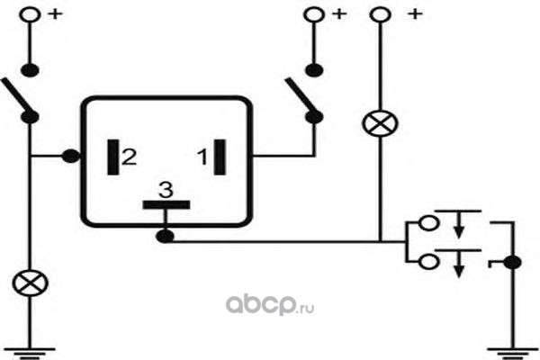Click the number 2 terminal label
click(129, 157)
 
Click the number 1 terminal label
click(202, 157)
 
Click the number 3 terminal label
click(166, 190)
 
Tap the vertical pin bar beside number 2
click(113, 157)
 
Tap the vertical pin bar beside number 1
click(220, 157)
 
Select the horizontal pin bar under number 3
click(166, 205)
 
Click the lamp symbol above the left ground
click(30, 283)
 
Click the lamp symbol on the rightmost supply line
click(380, 123)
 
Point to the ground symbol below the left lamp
click(30, 354)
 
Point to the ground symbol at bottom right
click(513, 354)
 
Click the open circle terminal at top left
click(30, 15)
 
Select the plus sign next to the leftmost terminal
click(56, 14)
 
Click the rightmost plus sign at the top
click(415, 14)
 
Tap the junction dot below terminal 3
click(165, 237)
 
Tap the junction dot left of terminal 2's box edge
click(70, 157)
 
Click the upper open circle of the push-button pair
click(428, 223)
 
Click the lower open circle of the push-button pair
click(428, 262)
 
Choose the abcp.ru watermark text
click(270, 305)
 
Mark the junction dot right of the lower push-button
click(512, 263)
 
